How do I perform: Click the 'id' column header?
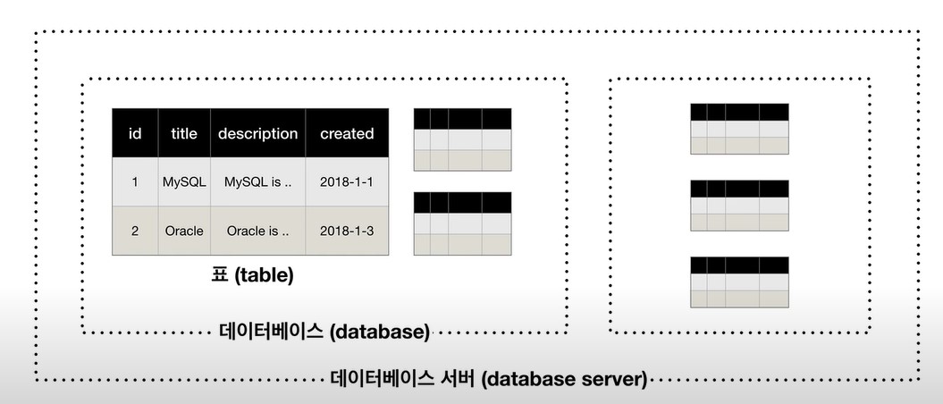[135, 134]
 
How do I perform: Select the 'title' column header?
[184, 134]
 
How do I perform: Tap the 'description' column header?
[257, 134]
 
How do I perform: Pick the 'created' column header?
[347, 134]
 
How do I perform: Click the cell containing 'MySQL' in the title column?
[184, 182]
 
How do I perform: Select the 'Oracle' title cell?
[184, 231]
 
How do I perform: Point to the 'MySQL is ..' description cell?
[257, 182]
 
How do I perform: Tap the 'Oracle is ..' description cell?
[257, 231]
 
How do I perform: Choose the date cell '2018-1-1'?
[347, 182]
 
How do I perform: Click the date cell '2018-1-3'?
[347, 231]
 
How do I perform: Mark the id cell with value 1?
[135, 182]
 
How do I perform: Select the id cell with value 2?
[135, 231]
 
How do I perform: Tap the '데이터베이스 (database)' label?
[324, 332]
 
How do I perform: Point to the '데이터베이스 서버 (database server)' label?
[489, 379]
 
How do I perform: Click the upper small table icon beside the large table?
[462, 139]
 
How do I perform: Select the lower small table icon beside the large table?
[462, 223]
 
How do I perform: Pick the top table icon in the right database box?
[739, 129]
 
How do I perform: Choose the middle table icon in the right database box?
[739, 206]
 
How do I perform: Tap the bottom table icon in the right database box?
[739, 282]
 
